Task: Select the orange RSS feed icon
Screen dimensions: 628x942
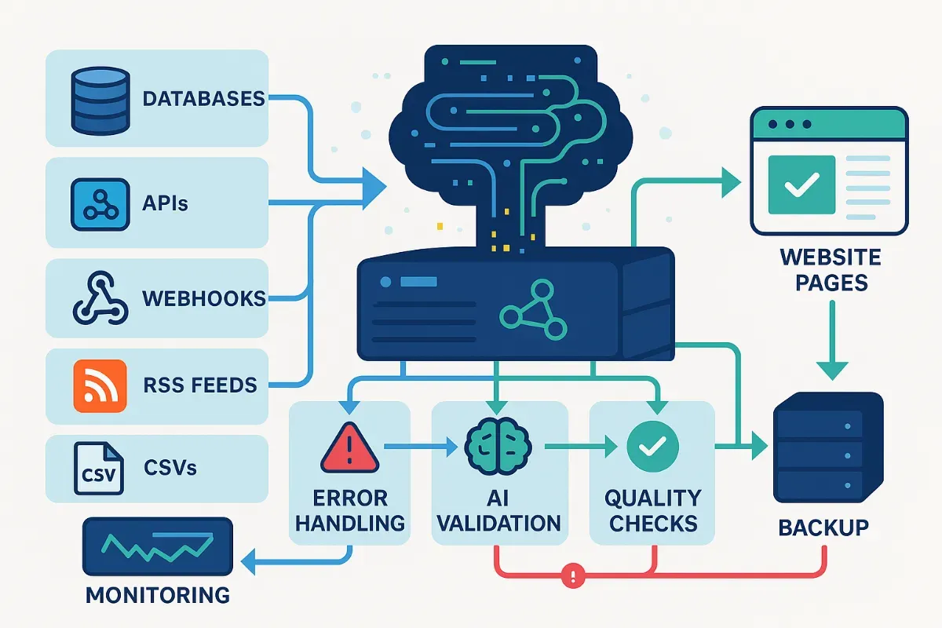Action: tap(99, 385)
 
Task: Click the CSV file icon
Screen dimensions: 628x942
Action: tap(98, 469)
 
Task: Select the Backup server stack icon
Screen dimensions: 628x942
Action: tap(828, 448)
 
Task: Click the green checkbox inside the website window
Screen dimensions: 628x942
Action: tap(801, 184)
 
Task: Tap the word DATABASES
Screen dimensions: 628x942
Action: tap(203, 99)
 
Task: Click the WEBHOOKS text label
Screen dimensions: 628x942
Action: tap(203, 298)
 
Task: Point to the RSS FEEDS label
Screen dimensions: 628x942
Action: tap(200, 385)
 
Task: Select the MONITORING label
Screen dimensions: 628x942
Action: tap(158, 594)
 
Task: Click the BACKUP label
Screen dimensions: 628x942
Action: tap(823, 528)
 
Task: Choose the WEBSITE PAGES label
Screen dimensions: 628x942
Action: tap(831, 269)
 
